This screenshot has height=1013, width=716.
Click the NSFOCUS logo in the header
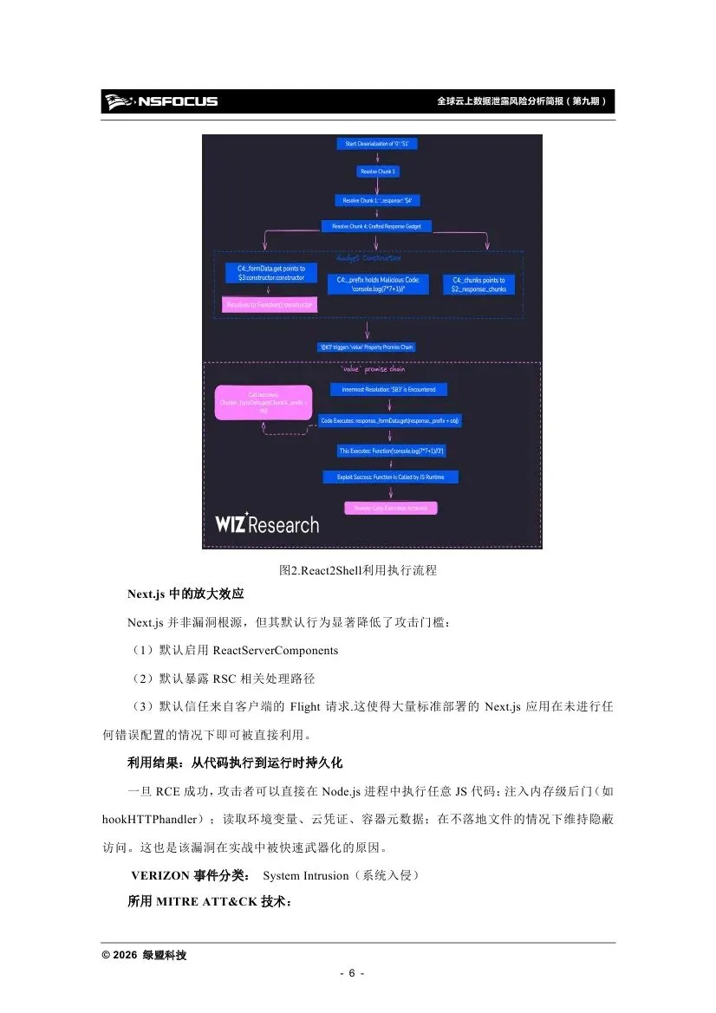click(160, 101)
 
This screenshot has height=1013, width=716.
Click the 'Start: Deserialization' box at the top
click(376, 143)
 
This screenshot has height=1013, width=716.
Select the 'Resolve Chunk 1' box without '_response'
click(379, 172)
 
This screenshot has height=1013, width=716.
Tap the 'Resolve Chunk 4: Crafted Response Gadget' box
click(376, 226)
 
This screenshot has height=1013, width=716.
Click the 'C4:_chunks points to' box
click(478, 284)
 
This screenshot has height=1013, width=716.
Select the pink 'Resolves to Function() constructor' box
click(270, 305)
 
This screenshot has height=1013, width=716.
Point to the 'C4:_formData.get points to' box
click(270, 273)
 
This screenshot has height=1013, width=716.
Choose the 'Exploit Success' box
click(390, 477)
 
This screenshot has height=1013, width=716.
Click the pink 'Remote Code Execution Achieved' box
click(390, 507)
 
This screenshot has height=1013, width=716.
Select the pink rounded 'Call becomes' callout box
click(263, 403)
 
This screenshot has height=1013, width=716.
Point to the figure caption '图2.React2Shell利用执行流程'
click(358, 571)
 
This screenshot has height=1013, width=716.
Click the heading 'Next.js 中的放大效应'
click(186, 594)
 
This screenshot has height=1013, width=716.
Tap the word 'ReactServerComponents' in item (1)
click(275, 650)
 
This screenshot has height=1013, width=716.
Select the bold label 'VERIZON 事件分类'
click(191, 876)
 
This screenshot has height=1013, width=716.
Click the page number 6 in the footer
click(352, 973)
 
